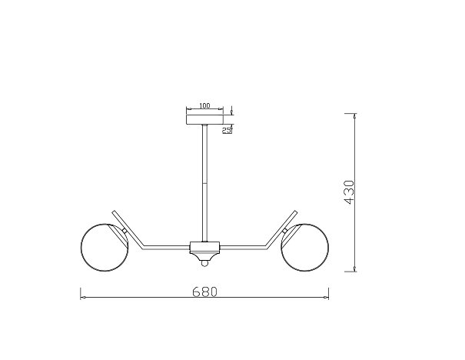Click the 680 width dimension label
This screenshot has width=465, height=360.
point(205,292)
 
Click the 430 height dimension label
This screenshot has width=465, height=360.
point(349,192)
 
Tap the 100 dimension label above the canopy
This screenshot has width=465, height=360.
point(204,105)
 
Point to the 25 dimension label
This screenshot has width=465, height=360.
point(227,130)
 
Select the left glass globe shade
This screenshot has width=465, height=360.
point(105,248)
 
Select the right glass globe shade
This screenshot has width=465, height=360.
point(304,248)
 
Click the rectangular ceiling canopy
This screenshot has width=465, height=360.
point(204,119)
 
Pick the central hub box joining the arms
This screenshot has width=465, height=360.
point(204,247)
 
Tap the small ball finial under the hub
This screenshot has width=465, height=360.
point(204,264)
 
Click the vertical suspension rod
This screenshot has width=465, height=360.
point(204,183)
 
